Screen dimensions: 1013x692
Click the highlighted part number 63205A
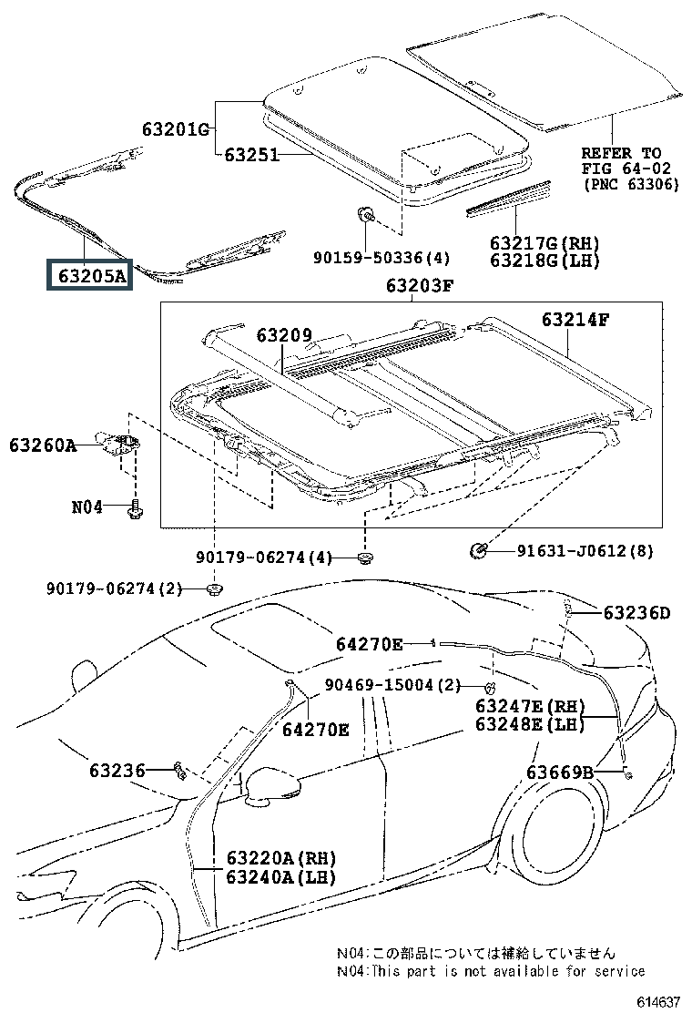[90, 273]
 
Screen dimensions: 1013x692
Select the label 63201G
[175, 129]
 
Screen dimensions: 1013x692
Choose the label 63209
[283, 336]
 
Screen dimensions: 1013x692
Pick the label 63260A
[43, 445]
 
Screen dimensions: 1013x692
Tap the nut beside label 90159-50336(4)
[365, 217]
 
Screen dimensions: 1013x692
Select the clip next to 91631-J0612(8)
[476, 550]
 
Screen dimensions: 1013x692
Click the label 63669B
[559, 773]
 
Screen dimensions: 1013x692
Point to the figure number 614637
[657, 1002]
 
